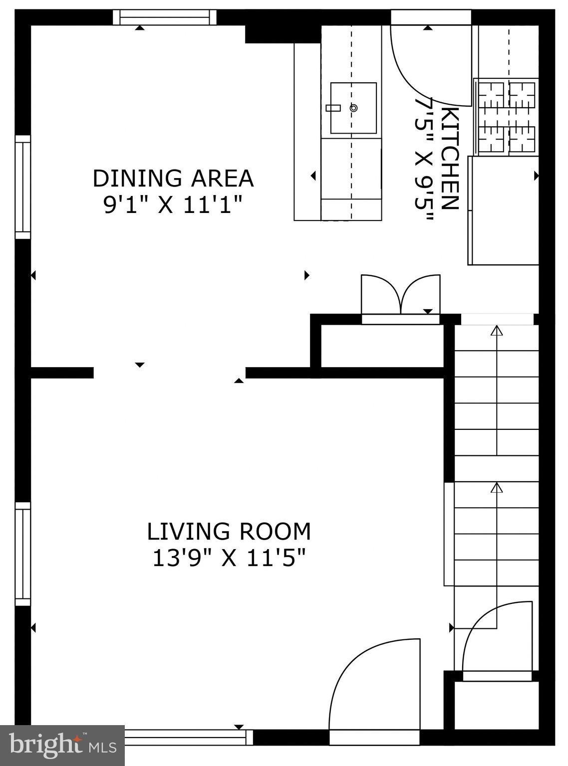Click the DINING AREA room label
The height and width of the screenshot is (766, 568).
173,179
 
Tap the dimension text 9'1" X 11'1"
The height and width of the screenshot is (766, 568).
173,205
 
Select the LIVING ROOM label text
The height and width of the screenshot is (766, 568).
229,532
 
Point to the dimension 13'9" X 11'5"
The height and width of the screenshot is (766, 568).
229,558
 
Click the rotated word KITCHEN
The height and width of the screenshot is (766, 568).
450,159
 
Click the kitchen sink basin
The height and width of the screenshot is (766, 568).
353,108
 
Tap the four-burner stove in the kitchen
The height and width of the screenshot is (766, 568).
506,117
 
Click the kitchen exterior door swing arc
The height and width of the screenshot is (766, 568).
424,70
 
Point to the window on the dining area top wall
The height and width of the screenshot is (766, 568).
165,17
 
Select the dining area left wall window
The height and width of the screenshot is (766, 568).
22,187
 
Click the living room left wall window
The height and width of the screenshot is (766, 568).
22,554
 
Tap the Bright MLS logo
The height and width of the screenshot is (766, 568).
62,746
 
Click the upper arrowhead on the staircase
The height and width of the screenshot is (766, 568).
497,330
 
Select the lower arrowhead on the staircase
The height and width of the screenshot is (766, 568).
497,487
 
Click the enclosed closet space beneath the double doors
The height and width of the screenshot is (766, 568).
382,346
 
